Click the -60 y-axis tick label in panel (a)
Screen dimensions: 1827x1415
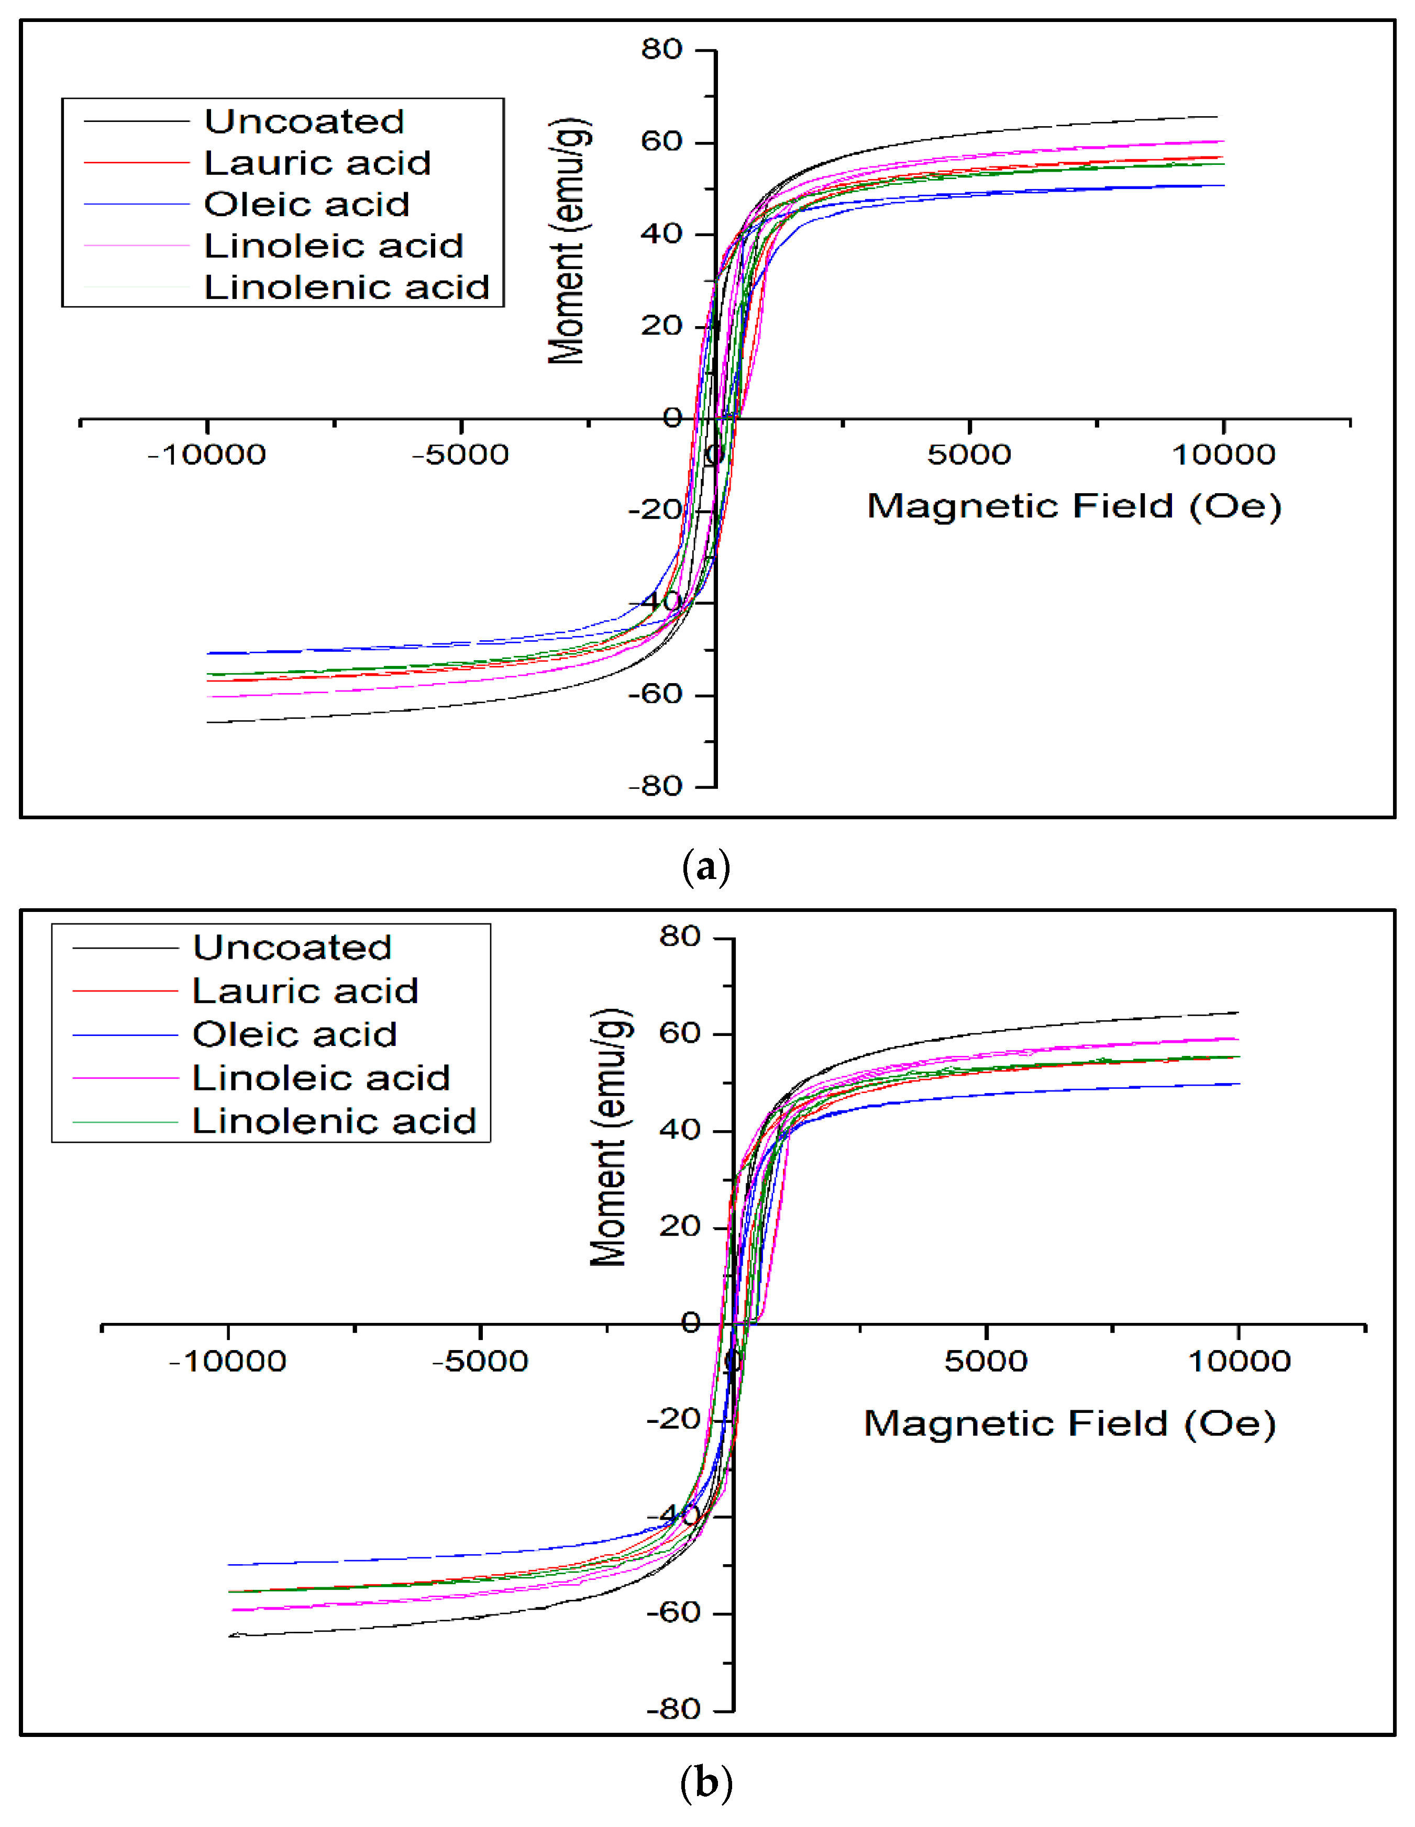tap(655, 694)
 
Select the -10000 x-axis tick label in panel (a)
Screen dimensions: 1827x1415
tap(207, 455)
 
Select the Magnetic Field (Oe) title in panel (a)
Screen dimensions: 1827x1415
tap(1074, 507)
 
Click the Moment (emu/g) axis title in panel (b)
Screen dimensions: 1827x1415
tap(609, 1138)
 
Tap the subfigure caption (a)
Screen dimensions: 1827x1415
tap(706, 868)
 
